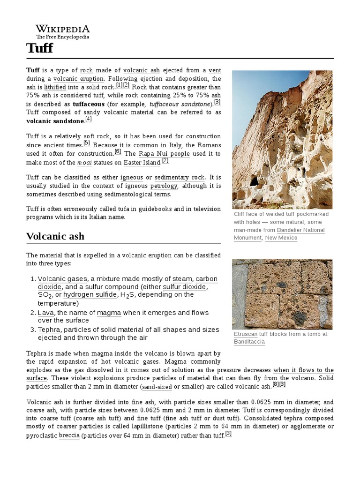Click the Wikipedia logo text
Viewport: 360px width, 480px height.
[x=63, y=29]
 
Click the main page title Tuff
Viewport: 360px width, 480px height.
[x=39, y=48]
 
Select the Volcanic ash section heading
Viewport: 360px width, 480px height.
[x=55, y=236]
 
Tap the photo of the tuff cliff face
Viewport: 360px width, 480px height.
[x=282, y=139]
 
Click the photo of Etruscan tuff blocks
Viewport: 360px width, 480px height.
[x=282, y=294]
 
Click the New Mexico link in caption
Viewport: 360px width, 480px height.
[x=281, y=238]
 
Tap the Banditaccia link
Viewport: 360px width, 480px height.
[x=249, y=342]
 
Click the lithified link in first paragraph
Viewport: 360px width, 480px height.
[x=55, y=87]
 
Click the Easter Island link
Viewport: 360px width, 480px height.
[x=142, y=163]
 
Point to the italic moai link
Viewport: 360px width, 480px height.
[x=82, y=163]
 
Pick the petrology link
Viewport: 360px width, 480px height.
[x=164, y=186]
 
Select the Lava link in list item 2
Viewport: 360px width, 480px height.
[x=45, y=313]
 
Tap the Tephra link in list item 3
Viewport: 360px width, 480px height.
[x=49, y=330]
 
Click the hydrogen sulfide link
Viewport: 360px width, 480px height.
[x=90, y=295]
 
